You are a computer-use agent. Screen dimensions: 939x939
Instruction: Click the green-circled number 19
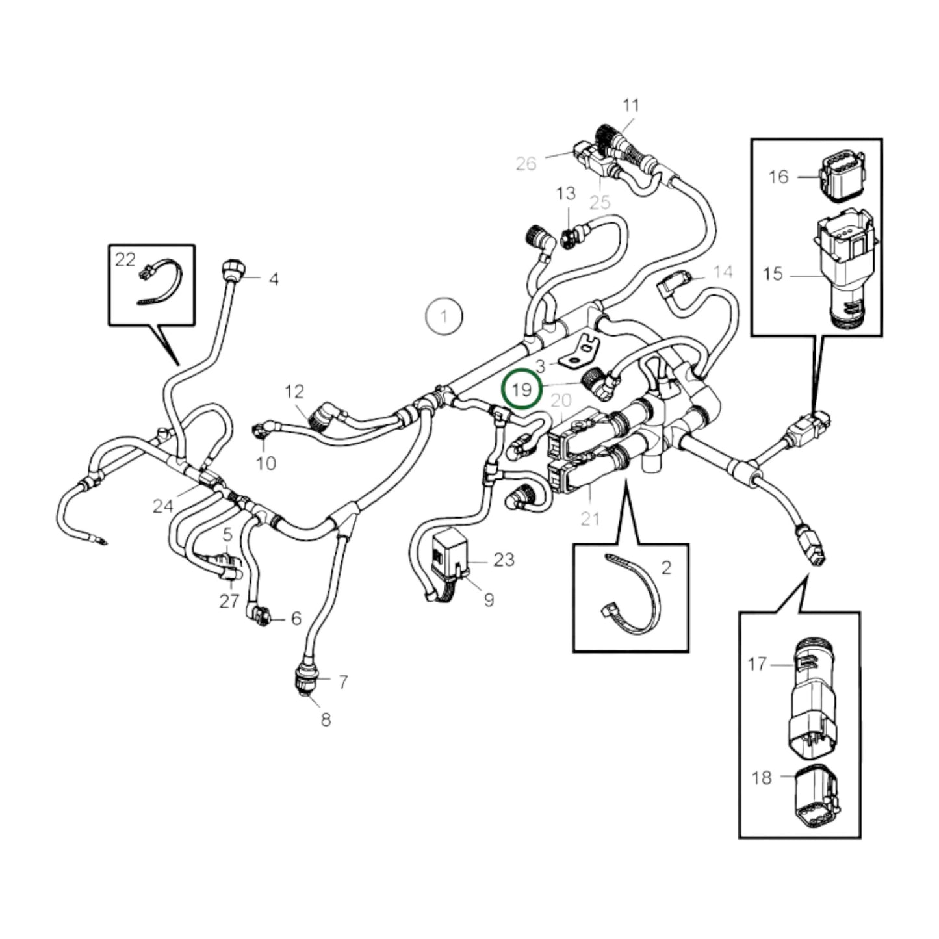tap(522, 390)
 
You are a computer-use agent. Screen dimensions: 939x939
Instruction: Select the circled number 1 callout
tap(444, 316)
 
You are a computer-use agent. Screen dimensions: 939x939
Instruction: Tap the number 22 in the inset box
tap(125, 260)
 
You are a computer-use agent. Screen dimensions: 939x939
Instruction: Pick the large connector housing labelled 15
tap(845, 266)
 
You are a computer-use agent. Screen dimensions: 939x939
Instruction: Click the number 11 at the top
tap(631, 105)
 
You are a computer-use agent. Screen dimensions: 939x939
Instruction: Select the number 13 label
tap(565, 193)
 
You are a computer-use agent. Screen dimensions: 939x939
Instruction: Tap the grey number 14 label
tap(723, 272)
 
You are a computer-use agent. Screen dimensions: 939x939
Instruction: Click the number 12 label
tap(294, 391)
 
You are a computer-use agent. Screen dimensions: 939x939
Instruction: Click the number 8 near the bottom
tap(326, 719)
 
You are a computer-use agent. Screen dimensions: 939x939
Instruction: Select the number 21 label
tap(590, 519)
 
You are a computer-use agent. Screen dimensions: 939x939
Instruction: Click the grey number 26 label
tap(526, 163)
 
